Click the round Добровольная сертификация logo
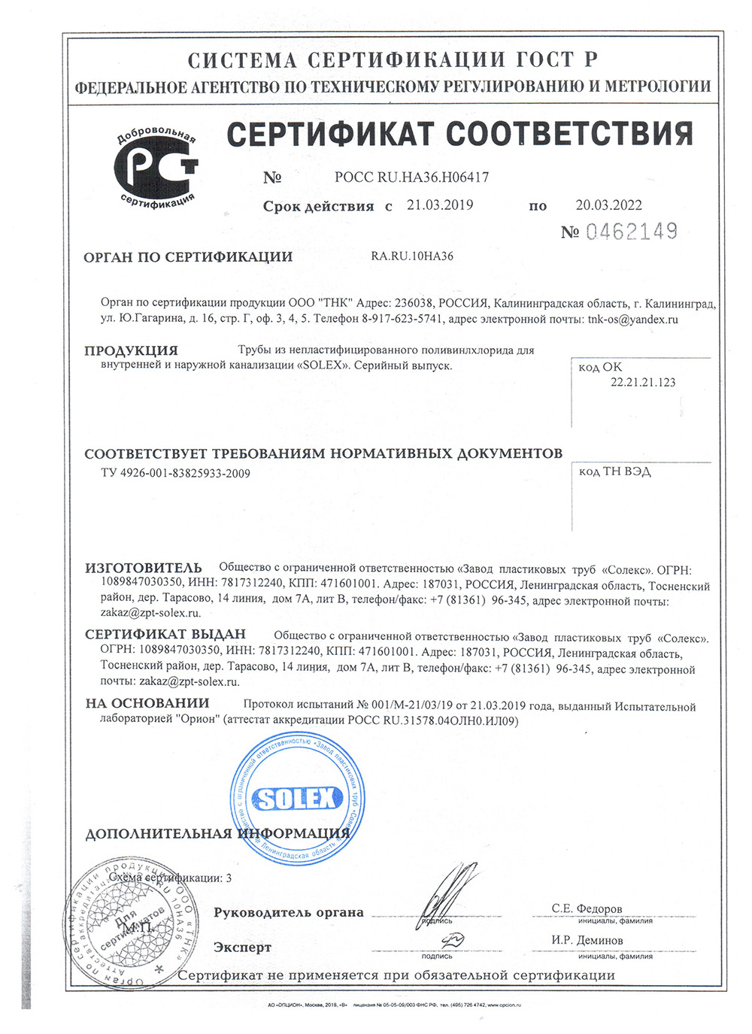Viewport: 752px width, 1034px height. pos(156,168)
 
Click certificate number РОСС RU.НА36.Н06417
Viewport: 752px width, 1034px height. pos(411,177)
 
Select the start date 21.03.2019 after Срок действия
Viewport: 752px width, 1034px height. pos(440,205)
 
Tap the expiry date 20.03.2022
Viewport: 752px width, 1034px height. pos(609,205)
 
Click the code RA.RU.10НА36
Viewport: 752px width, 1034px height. pos(412,256)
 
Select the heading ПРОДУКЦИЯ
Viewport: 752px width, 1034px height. pos(131,350)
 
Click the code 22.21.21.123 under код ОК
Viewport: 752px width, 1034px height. pos(642,382)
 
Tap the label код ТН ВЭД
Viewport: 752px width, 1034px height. pos(614,472)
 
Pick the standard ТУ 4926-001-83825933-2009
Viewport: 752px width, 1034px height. pos(175,473)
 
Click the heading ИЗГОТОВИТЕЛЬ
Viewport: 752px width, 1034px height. pos(143,568)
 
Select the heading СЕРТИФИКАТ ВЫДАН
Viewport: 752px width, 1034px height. pos(165,635)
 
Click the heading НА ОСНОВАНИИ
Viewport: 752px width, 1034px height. pos(147,703)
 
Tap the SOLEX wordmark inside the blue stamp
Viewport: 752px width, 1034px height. pos(297,799)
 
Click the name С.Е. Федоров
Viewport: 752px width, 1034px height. pos(587,908)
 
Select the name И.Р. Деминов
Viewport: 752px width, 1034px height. pos(587,940)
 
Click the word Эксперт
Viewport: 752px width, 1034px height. pos(242,948)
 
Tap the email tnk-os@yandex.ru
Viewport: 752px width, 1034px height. pos(632,319)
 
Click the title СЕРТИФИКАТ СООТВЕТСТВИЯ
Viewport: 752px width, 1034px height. pos(459,135)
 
